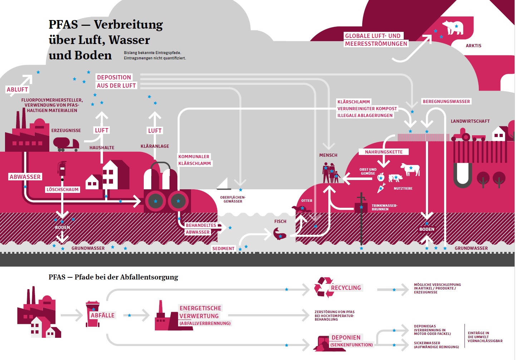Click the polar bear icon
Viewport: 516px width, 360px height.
453,28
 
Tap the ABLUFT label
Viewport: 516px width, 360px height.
17,89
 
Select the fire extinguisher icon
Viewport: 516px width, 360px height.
62,168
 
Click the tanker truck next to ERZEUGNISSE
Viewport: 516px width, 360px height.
66,144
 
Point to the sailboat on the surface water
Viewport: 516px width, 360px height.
224,184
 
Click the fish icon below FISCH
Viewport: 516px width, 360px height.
279,234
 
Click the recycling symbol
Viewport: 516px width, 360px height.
324,287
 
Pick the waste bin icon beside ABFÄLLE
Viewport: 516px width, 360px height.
93,314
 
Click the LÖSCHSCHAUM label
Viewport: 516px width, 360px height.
62,189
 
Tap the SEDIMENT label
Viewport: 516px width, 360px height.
223,248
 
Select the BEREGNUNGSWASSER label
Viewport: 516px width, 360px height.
446,101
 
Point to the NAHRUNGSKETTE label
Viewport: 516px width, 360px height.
384,152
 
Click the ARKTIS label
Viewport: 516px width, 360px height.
473,46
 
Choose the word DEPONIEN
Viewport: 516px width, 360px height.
346,337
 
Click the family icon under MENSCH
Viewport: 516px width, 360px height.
330,173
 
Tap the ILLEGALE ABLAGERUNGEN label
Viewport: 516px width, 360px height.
365,115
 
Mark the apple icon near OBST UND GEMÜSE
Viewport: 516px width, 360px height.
381,177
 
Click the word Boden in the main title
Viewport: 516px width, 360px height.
93,55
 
